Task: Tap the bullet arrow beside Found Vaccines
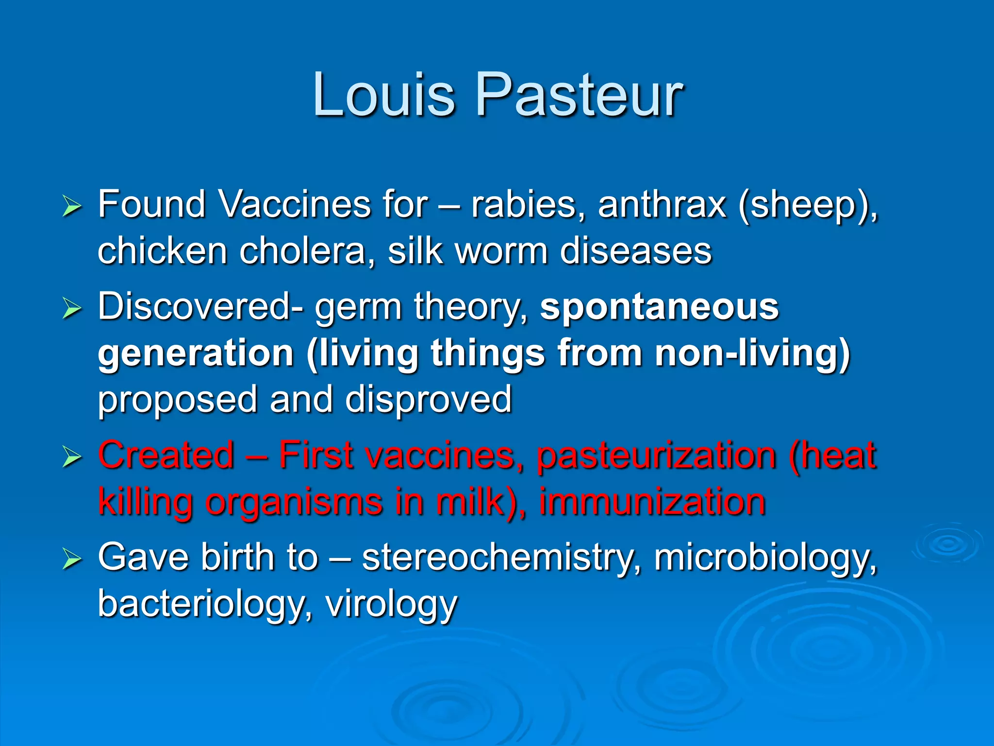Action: coord(72,207)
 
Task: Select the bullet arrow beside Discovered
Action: coord(72,309)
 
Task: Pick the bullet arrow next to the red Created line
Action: coord(72,458)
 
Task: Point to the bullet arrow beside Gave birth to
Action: coord(72,559)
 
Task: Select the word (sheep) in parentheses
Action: coord(808,206)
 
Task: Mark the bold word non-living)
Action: coord(752,354)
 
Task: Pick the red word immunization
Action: coord(652,502)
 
